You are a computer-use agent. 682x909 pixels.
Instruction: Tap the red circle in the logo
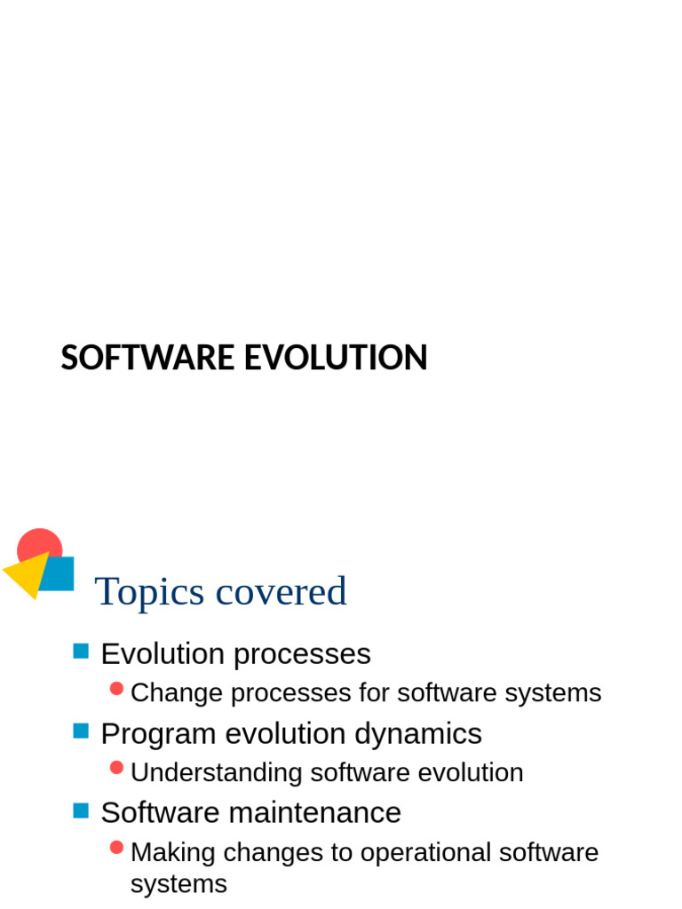tap(39, 542)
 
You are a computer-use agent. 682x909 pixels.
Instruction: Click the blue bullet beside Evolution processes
tap(81, 652)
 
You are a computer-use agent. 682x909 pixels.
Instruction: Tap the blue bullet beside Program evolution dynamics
tap(81, 731)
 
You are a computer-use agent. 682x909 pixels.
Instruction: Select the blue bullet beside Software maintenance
tap(81, 810)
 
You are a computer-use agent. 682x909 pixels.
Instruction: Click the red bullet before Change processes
tap(116, 689)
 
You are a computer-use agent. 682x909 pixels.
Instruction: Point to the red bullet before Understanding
tap(116, 768)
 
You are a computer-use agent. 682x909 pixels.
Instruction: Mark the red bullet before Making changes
tap(116, 848)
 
